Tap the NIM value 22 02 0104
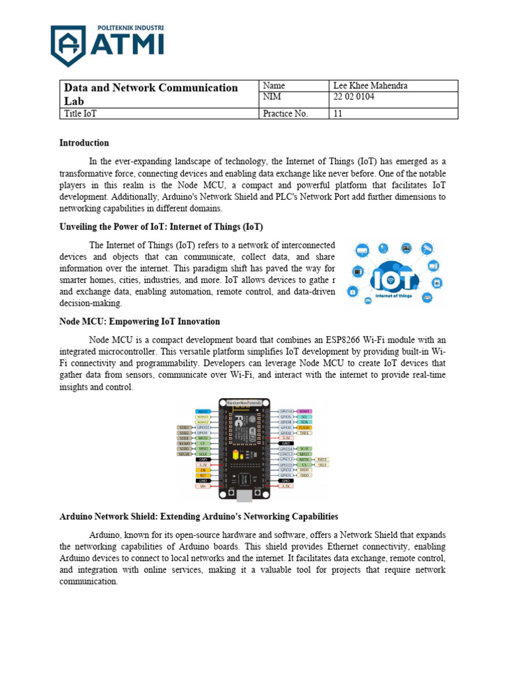pyautogui.click(x=355, y=98)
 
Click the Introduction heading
pyautogui.click(x=84, y=142)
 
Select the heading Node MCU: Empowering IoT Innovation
pyautogui.click(x=140, y=322)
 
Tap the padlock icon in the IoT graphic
pyautogui.click(x=353, y=291)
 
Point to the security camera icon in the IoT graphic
pyautogui.click(x=427, y=249)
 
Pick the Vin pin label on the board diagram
pyautogui.click(x=204, y=486)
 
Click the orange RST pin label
pyautogui.click(x=204, y=475)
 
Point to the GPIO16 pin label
pyautogui.click(x=285, y=411)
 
